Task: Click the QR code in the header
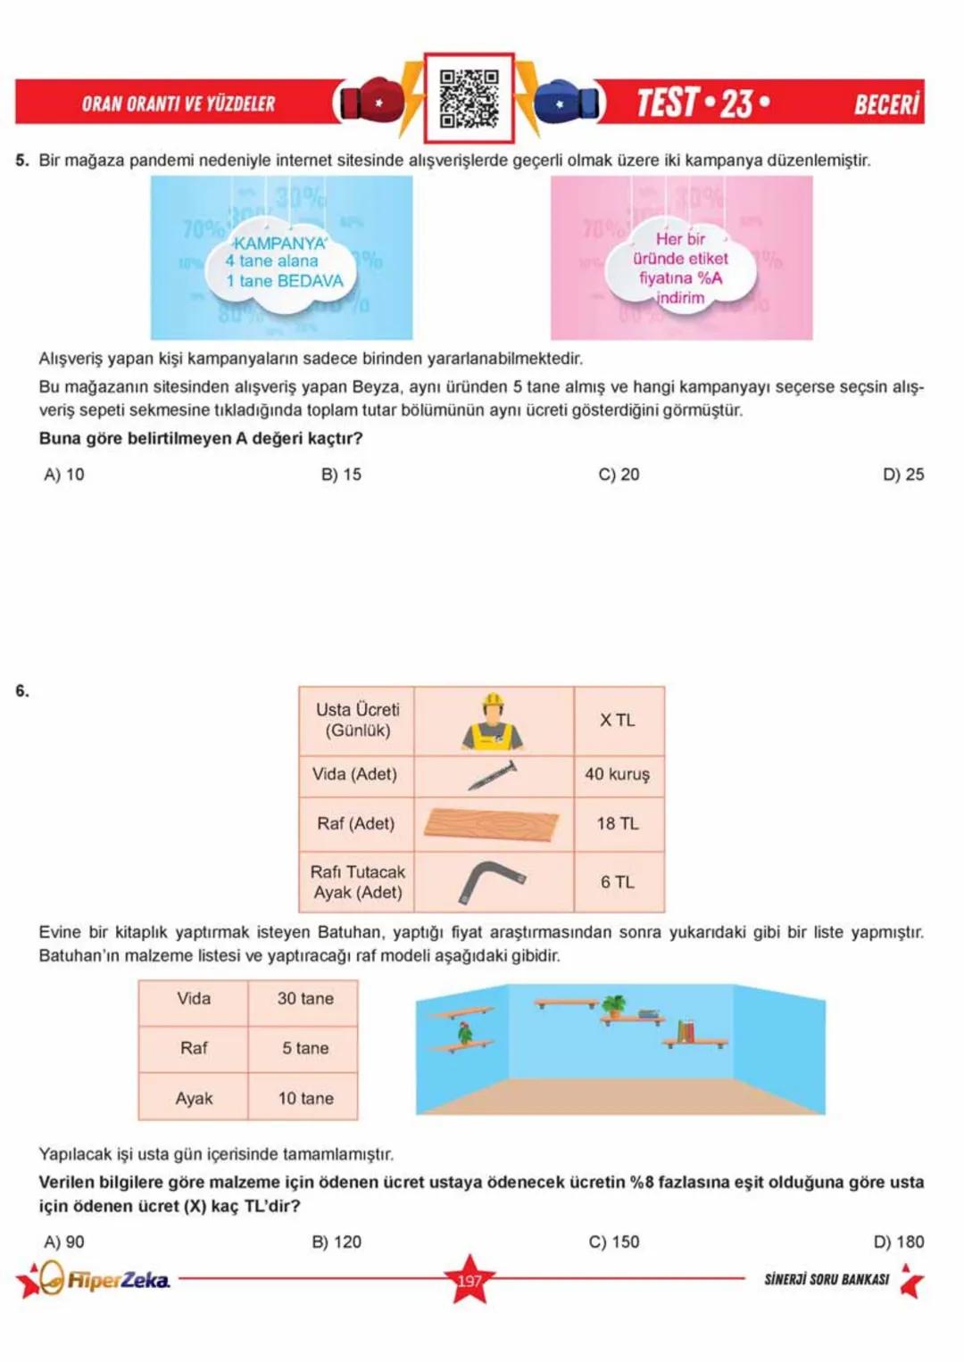coord(469,98)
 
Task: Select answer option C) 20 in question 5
coord(619,475)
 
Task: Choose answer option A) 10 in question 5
coord(63,475)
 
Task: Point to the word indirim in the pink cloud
coord(680,298)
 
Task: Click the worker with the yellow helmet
coord(493,721)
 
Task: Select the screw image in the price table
coord(493,774)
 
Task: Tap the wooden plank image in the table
coord(492,824)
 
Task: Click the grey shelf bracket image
coord(491,881)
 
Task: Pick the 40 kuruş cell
coord(618,774)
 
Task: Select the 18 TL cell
coord(618,824)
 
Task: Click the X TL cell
coord(618,721)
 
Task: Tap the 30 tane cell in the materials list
coord(305,999)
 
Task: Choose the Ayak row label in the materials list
coord(194,1099)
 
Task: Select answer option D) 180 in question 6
coord(899,1242)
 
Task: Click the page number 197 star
coord(470,1281)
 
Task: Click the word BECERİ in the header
coord(886,104)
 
